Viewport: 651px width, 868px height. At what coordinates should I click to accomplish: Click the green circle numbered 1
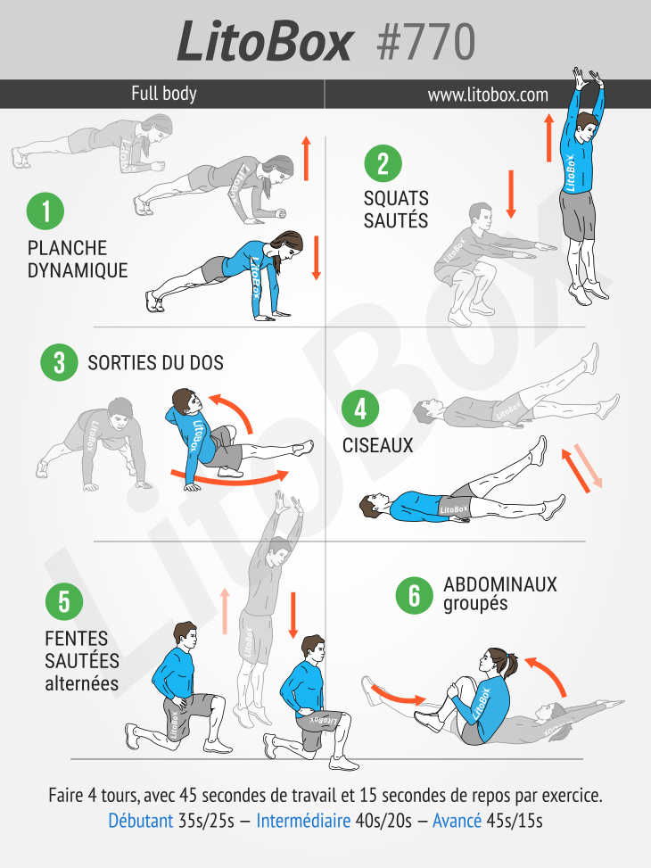click(45, 211)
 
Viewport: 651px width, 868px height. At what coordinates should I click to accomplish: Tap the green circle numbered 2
click(383, 163)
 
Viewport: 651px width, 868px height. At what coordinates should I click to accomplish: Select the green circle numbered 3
click(59, 362)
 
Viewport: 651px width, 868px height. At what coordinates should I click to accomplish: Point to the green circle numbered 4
click(359, 409)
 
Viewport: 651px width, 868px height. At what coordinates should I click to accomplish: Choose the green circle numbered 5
click(63, 602)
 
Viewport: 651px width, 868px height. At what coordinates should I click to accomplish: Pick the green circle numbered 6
click(414, 595)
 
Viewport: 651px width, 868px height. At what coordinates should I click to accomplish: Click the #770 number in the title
click(425, 42)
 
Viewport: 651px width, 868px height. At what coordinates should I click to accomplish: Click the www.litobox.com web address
click(488, 95)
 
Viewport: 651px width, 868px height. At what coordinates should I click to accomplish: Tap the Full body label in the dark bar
click(164, 94)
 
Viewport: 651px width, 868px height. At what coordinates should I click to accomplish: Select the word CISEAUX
click(378, 446)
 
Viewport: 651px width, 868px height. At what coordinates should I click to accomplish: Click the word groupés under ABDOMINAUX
click(475, 603)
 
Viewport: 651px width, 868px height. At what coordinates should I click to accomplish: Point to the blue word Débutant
click(141, 821)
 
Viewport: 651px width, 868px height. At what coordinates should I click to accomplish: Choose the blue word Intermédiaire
click(303, 821)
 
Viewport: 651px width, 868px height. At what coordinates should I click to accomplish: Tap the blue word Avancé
click(457, 821)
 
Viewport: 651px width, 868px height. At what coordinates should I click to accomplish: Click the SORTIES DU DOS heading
click(155, 363)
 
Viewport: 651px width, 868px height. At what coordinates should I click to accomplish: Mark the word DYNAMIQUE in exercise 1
click(78, 270)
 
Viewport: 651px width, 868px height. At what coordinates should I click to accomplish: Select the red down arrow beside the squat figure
click(511, 194)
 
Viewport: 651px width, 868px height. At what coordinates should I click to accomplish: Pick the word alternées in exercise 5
click(82, 683)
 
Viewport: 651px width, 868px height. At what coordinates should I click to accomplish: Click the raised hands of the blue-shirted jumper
click(587, 79)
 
